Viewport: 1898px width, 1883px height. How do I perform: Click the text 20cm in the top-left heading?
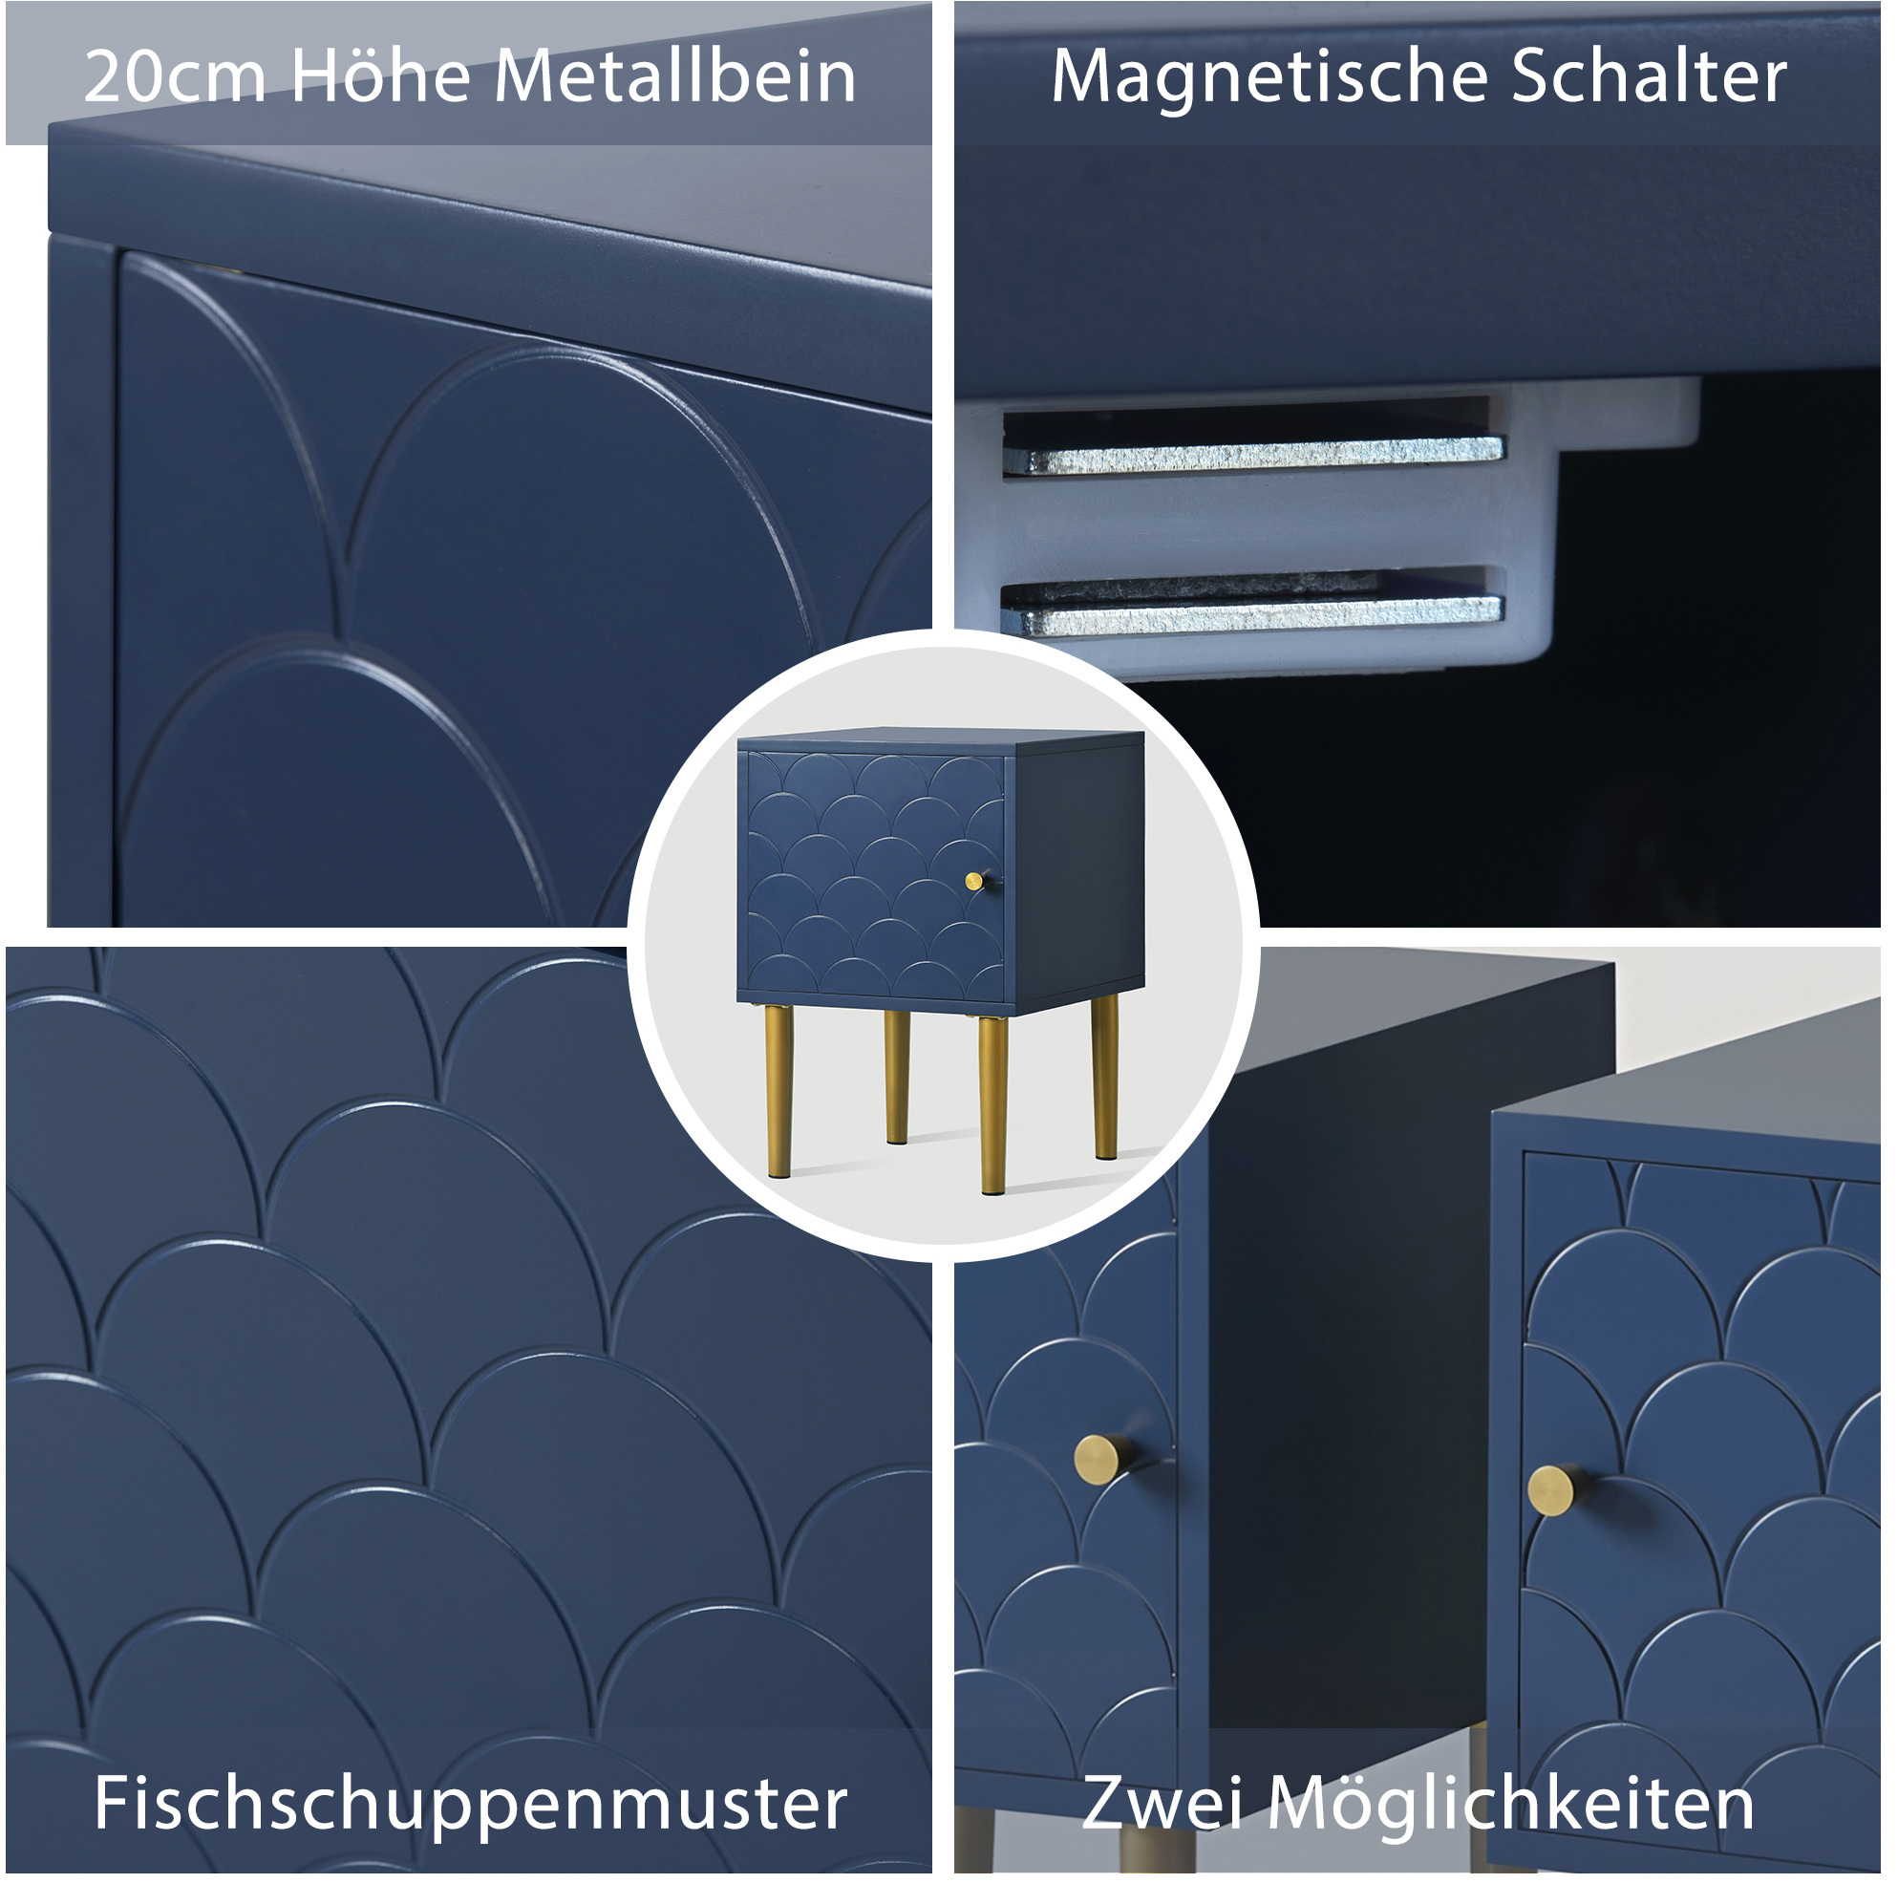click(175, 76)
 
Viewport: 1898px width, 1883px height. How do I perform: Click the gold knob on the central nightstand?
click(975, 881)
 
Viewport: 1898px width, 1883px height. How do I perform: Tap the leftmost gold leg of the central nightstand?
click(779, 1091)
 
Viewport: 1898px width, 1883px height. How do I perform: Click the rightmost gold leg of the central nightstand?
click(1105, 1077)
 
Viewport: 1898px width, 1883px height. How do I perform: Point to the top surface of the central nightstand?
click(938, 739)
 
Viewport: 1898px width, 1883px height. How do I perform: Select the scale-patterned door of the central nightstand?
click(875, 871)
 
